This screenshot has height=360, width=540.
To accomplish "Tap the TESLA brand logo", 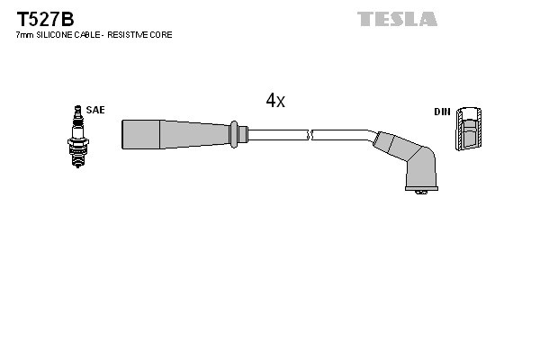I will (397, 18).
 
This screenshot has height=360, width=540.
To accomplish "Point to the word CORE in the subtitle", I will (163, 35).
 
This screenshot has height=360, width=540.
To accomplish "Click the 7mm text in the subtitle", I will (23, 35).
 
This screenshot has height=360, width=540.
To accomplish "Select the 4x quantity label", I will (275, 102).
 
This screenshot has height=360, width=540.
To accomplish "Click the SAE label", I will (96, 110).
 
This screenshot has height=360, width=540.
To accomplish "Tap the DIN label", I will (441, 112).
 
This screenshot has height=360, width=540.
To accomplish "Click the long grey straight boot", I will (175, 134).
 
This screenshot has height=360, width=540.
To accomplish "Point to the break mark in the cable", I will (309, 135).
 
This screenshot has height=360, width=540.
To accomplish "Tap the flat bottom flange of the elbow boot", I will (418, 190).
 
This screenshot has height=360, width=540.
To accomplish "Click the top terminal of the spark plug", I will (77, 110).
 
